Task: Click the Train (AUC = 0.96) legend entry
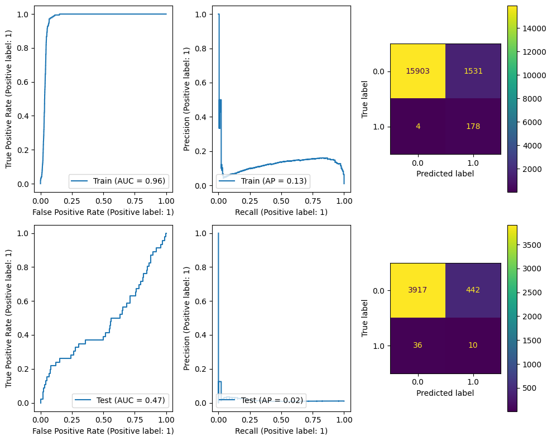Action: coord(119,180)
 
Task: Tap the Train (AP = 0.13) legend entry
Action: coord(262,180)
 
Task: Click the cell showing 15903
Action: coord(417,71)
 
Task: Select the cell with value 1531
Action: coord(473,71)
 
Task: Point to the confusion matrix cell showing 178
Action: coord(473,126)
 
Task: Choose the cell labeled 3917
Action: coord(417,290)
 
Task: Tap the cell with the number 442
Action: coord(473,290)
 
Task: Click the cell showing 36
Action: coord(417,346)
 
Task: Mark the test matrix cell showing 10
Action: coord(473,346)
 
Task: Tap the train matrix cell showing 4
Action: coord(417,126)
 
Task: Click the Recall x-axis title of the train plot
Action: coord(281,212)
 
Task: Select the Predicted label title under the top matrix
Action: coord(445,173)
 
